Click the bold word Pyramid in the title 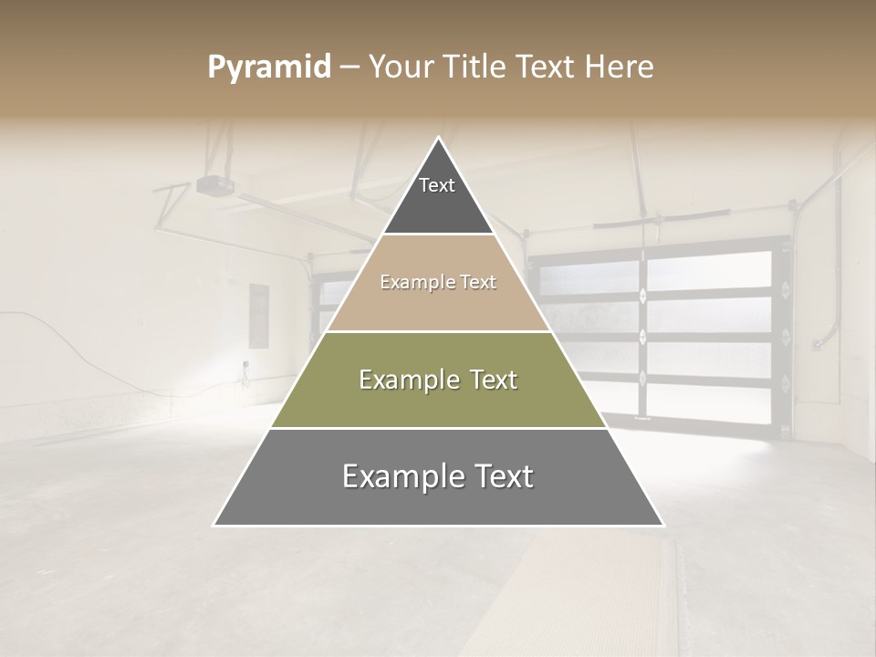268,68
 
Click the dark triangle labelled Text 437,196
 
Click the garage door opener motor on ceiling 214,185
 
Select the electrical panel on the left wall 259,316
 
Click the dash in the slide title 349,68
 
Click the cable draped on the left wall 73,342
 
